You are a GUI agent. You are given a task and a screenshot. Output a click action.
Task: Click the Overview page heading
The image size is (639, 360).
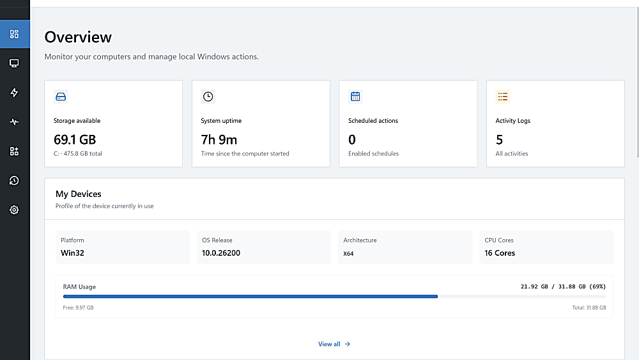coord(78,37)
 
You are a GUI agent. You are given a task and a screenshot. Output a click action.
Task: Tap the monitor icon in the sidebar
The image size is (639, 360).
coord(14,63)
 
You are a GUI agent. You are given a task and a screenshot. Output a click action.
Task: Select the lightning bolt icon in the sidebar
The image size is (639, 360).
coord(14,93)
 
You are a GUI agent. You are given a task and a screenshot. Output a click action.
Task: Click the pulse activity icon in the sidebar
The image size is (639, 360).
coord(14,122)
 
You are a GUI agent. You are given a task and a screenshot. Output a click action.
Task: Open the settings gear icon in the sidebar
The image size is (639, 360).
coord(14,210)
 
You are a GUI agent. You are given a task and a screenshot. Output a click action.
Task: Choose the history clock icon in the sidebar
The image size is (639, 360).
coord(14,180)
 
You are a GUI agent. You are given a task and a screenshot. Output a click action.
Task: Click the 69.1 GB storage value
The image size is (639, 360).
coord(75,140)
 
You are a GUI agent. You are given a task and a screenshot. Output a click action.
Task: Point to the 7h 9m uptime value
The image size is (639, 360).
coord(219,140)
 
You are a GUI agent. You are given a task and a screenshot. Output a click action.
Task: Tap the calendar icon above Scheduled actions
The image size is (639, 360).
coord(355,97)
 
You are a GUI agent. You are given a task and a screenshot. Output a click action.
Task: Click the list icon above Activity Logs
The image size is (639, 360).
coord(502,97)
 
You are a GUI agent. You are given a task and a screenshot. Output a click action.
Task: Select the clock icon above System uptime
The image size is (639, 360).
coord(208,97)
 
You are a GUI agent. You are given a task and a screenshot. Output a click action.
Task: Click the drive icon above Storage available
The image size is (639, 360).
coord(61,97)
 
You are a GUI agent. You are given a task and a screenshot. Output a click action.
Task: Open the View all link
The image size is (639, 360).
coord(334,344)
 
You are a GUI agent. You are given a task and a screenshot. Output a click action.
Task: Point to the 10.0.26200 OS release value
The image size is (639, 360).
coord(221,253)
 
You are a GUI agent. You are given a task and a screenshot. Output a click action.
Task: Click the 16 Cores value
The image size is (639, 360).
coord(500,253)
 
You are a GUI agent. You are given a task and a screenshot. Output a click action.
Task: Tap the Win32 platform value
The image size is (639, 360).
coord(73,253)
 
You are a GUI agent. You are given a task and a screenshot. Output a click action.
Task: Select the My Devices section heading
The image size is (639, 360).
coord(78,194)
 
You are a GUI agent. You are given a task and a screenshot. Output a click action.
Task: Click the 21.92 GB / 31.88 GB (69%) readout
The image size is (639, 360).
coord(563,286)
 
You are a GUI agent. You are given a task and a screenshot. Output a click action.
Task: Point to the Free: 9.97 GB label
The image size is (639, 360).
coord(78,308)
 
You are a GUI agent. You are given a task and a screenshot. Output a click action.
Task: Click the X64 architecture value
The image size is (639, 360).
coord(348,254)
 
